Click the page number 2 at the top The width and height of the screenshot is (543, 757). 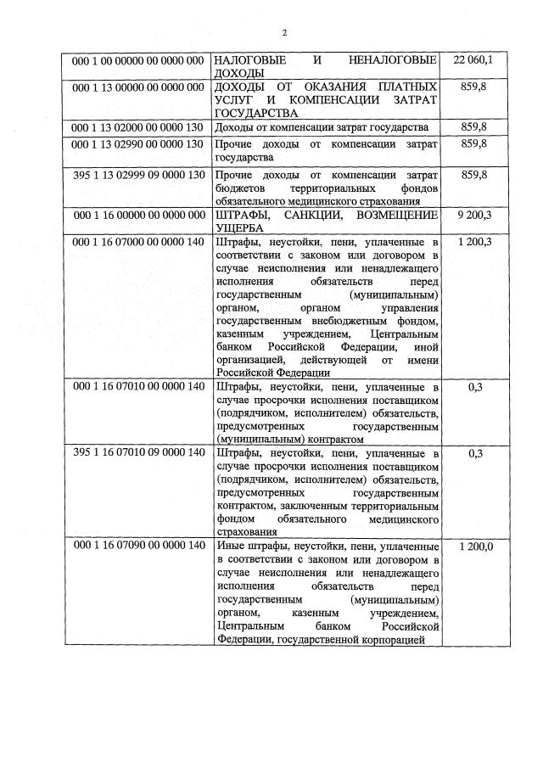point(284,33)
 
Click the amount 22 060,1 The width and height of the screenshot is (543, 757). point(473,60)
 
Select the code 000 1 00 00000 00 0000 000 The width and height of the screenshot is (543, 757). point(138,61)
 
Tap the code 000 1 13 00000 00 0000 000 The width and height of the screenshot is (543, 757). point(138,87)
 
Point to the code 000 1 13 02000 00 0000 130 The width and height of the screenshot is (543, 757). point(138,127)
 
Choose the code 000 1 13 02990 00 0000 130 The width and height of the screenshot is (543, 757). point(138,144)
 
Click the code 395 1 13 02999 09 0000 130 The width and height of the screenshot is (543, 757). point(138,175)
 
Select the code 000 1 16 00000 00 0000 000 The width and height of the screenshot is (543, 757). point(138,215)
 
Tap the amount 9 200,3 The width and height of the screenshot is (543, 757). point(473,215)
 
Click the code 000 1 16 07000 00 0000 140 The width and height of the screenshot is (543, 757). point(138,242)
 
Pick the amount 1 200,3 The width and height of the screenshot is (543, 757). point(473,242)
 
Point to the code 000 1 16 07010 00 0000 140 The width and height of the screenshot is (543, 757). point(138,386)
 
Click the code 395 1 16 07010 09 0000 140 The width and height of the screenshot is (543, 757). point(138,453)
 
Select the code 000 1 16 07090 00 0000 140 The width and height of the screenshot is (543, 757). point(138,547)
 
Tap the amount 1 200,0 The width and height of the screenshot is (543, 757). point(473,547)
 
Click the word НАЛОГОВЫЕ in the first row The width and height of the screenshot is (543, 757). point(249,61)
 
